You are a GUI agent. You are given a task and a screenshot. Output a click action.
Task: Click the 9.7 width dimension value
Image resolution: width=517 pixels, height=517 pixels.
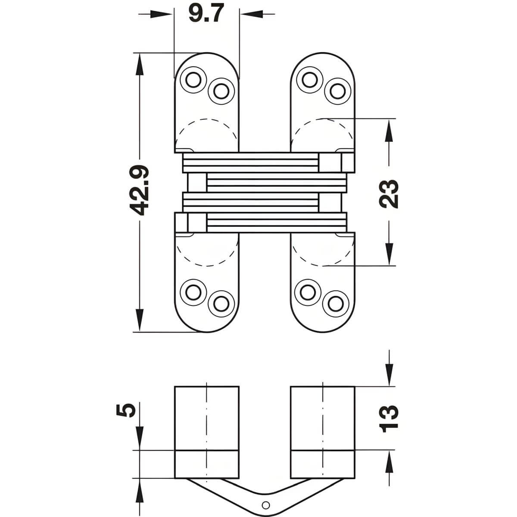(x=206, y=14)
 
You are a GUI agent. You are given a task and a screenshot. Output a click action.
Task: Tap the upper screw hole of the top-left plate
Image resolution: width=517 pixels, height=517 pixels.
(x=193, y=80)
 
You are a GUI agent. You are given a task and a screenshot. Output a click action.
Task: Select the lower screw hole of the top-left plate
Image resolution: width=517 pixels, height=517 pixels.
(x=221, y=91)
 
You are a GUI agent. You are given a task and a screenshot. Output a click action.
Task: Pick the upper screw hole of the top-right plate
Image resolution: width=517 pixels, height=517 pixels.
(x=309, y=80)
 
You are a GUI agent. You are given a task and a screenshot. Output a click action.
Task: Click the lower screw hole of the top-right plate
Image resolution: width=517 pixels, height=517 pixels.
(x=337, y=91)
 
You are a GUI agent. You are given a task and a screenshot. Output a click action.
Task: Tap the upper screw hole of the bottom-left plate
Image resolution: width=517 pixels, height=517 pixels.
(x=193, y=292)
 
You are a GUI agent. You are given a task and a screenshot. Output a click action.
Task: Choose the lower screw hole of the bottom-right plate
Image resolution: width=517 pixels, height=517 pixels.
(x=335, y=304)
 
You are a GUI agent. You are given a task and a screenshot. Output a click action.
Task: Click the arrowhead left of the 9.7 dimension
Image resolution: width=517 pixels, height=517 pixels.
(x=161, y=14)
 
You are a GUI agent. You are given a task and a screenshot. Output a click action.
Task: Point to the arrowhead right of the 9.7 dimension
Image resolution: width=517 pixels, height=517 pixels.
(x=251, y=14)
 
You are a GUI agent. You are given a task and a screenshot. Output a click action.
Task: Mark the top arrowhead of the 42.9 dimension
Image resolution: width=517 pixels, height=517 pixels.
(x=139, y=64)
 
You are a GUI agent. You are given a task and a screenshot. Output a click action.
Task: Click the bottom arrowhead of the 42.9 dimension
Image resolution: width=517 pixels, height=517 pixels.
(x=139, y=320)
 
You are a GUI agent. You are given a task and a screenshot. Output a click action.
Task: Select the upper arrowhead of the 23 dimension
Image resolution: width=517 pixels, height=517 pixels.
(x=389, y=130)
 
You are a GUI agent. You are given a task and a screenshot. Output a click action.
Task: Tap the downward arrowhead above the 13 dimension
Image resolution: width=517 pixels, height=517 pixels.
(x=389, y=375)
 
